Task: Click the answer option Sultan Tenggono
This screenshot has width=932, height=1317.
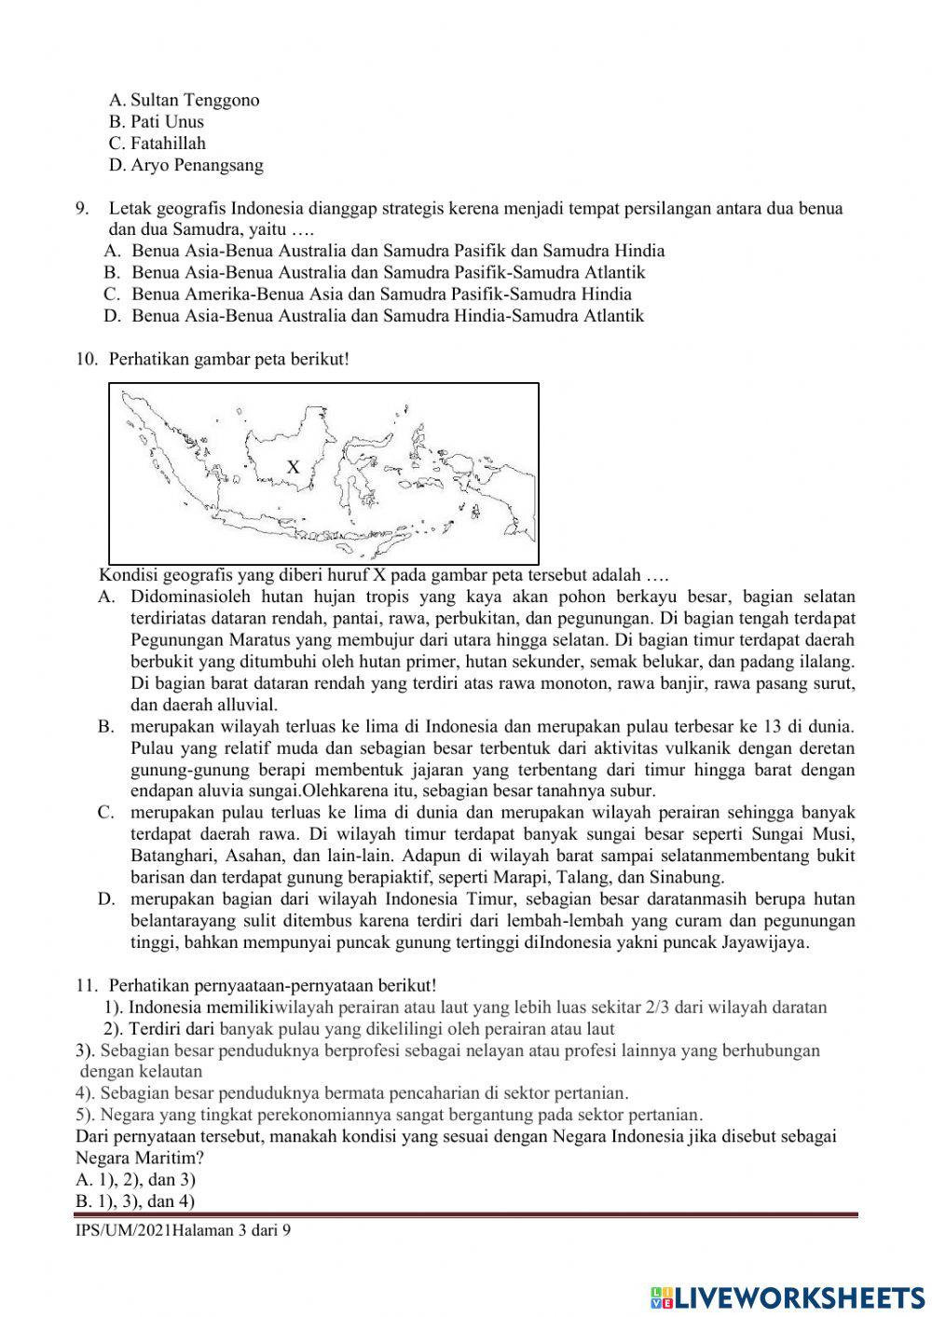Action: (x=184, y=100)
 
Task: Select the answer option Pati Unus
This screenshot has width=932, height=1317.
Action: (x=156, y=121)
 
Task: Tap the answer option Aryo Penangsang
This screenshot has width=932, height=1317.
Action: (x=185, y=165)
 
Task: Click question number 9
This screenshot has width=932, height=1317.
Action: (x=82, y=208)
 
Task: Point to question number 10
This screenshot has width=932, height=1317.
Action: (x=86, y=359)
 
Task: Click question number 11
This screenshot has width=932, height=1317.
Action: (x=86, y=985)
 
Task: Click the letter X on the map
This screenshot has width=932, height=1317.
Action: (x=293, y=467)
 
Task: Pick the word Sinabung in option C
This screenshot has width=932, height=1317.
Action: (x=688, y=877)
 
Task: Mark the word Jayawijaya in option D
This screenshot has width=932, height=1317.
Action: (x=764, y=942)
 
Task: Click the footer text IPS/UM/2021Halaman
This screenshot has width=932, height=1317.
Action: (x=154, y=1231)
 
